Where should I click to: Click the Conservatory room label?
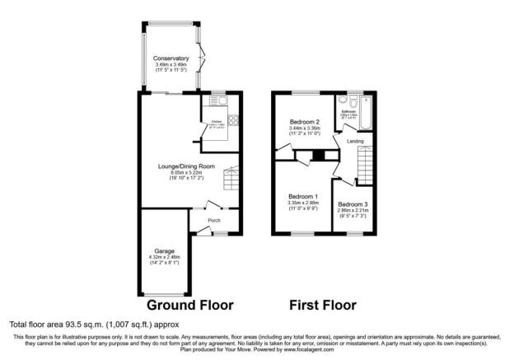pyautogui.click(x=171, y=58)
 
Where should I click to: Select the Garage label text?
pyautogui.click(x=165, y=250)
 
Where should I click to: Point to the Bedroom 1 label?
pyautogui.click(x=302, y=196)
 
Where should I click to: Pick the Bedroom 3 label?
pyautogui.click(x=353, y=203)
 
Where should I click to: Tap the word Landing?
pyautogui.click(x=356, y=142)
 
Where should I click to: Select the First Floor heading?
pyautogui.click(x=323, y=305)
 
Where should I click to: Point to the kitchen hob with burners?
pyautogui.click(x=231, y=118)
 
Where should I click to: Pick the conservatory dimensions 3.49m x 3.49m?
pyautogui.click(x=171, y=65)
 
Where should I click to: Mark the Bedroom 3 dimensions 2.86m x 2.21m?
pyautogui.click(x=353, y=210)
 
